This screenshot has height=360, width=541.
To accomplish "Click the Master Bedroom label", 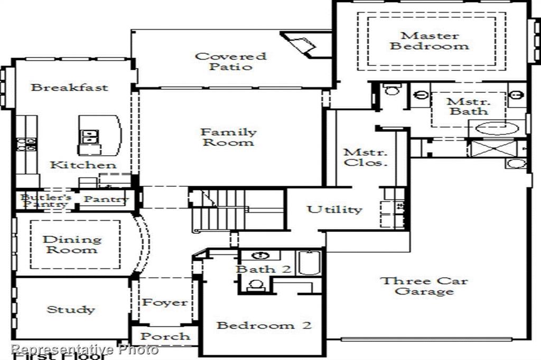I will pyautogui.click(x=429, y=41).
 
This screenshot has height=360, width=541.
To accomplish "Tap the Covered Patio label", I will pyautogui.click(x=231, y=61).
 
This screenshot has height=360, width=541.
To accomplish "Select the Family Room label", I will pyautogui.click(x=228, y=137).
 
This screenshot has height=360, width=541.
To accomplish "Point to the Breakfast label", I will pyautogui.click(x=69, y=87).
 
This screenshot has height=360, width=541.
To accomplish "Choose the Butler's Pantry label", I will pyautogui.click(x=44, y=201).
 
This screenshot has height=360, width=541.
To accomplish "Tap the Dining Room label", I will pyautogui.click(x=72, y=244).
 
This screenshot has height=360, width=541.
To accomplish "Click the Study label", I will pyautogui.click(x=71, y=309).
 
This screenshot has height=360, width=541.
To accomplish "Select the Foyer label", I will pyautogui.click(x=164, y=302).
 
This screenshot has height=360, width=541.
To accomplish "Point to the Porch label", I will pyautogui.click(x=165, y=336).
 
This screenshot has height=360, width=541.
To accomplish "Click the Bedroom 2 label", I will pyautogui.click(x=264, y=325).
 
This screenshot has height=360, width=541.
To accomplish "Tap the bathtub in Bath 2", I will pyautogui.click(x=309, y=262).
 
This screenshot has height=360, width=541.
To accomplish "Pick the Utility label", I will pyautogui.click(x=334, y=210).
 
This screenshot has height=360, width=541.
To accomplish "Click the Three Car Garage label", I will pyautogui.click(x=424, y=286).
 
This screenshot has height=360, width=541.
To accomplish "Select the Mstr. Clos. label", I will pyautogui.click(x=366, y=157).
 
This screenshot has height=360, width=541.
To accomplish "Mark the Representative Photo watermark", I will pyautogui.click(x=85, y=349).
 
